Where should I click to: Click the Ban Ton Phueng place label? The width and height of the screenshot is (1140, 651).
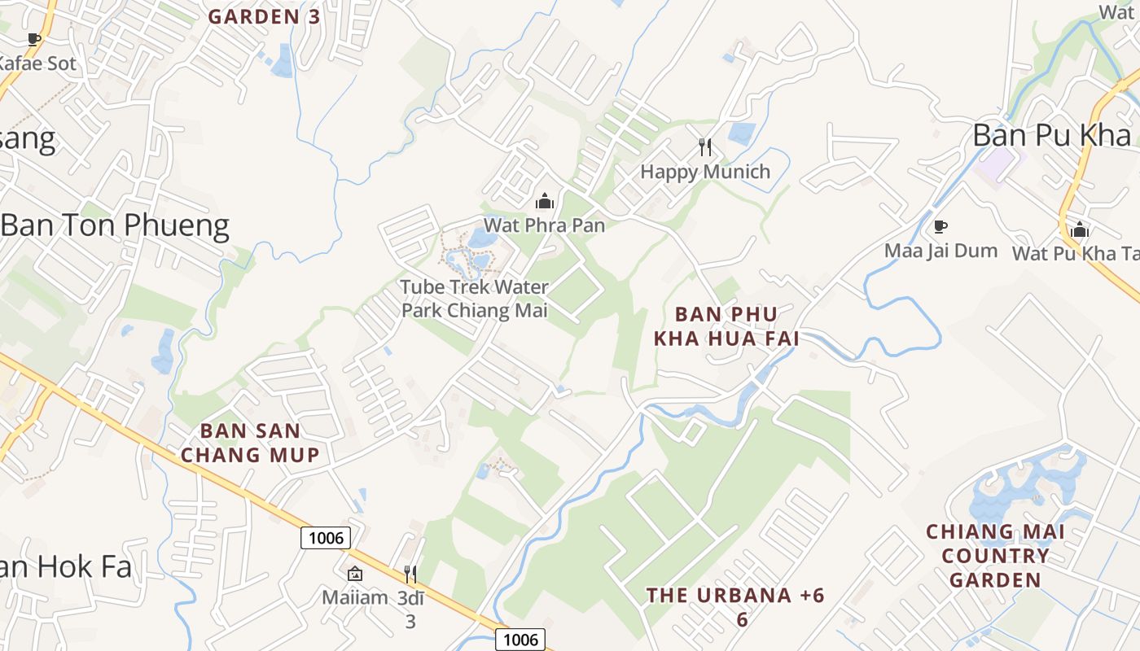(115, 225)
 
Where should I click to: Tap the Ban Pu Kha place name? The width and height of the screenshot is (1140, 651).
(1052, 135)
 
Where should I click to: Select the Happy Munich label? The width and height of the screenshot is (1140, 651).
(705, 172)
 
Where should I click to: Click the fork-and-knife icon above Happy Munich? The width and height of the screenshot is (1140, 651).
(705, 147)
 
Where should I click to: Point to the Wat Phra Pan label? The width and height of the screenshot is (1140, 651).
(544, 225)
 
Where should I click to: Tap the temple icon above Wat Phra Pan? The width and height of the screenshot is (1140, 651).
(544, 201)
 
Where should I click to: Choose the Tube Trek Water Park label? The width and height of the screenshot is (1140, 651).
(475, 299)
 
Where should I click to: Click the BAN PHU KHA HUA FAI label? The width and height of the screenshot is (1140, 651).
(726, 325)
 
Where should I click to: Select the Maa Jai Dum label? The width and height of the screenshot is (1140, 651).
(940, 251)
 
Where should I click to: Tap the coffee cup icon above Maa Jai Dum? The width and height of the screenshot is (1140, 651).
(940, 226)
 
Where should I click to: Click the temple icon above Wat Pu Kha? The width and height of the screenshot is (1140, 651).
(1080, 229)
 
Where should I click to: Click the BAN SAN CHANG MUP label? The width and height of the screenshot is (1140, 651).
(250, 443)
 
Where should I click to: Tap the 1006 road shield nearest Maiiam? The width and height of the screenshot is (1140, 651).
(326, 537)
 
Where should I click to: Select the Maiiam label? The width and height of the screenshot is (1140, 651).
(355, 598)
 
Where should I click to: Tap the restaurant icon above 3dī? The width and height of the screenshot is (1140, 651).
(410, 575)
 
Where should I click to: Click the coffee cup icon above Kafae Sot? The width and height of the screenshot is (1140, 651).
(34, 39)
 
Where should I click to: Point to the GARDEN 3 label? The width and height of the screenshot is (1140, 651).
(265, 16)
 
